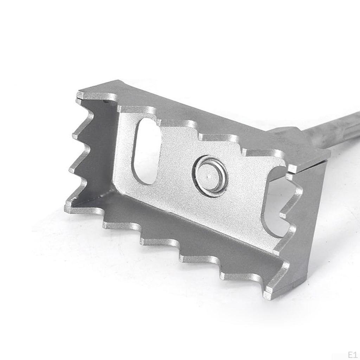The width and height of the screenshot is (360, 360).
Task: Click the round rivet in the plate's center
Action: tap(210, 176)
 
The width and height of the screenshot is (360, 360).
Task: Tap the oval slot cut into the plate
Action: tap(146, 151)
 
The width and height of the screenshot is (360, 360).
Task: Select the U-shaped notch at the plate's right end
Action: tap(278, 200)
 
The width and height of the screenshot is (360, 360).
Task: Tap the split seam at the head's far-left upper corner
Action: tap(79, 100)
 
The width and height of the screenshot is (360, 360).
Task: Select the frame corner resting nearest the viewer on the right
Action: tap(269, 294)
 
